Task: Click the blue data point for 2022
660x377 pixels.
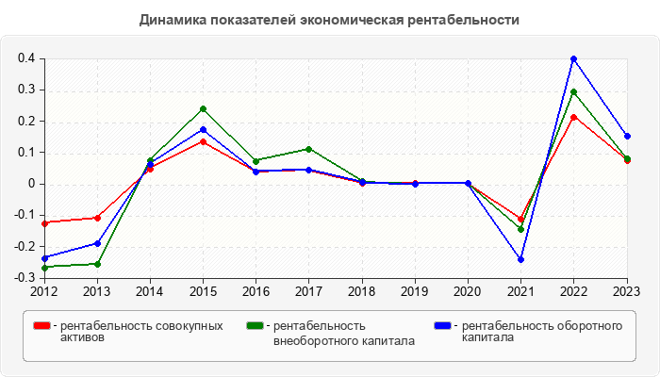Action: (574, 58)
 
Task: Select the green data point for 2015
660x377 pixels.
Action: (203, 108)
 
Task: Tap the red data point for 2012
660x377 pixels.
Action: (44, 223)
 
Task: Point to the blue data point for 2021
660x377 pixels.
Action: (520, 259)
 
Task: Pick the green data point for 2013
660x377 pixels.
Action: (97, 264)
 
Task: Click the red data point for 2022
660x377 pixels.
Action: (574, 117)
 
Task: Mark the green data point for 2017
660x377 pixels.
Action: (309, 149)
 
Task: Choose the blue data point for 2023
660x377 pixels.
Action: (627, 136)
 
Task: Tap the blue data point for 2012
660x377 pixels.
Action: (44, 258)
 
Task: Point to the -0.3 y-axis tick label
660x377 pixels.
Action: (25, 278)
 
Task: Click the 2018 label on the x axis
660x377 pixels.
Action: (362, 291)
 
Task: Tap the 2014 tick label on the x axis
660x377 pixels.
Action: (150, 291)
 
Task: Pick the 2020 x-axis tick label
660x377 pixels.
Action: (468, 291)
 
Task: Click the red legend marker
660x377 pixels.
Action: (41, 326)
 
